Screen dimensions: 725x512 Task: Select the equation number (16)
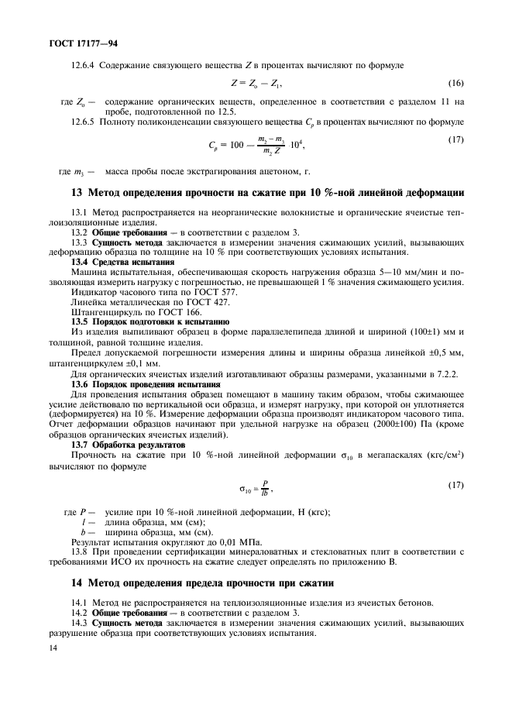[456, 83]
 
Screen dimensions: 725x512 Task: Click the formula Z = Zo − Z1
[256, 83]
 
